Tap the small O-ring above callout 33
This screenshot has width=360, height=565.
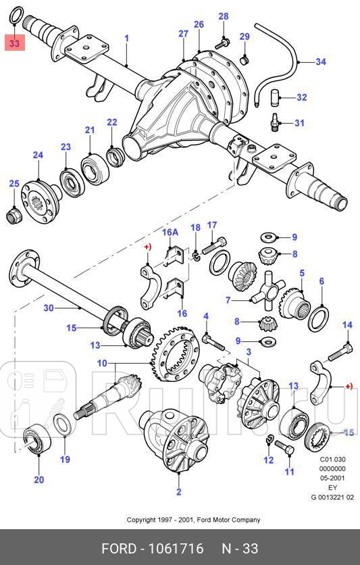click(18, 14)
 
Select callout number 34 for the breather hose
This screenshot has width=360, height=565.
click(320, 62)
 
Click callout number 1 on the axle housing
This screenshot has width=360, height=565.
click(126, 39)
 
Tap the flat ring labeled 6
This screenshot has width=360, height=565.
click(318, 317)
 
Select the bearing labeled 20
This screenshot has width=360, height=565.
click(34, 441)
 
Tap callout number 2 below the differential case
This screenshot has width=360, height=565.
click(179, 491)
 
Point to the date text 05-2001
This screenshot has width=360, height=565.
click(332, 477)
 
